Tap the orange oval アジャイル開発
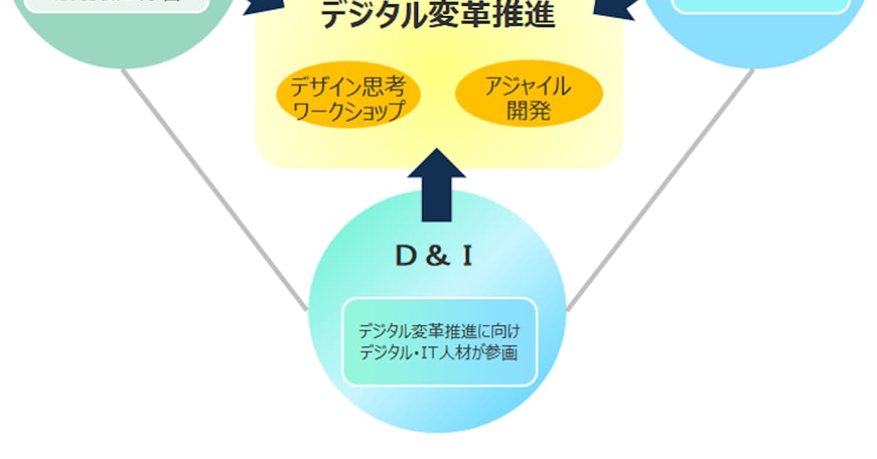tap(528, 99)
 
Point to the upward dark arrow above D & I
tap(437, 186)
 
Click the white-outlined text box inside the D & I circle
tap(439, 341)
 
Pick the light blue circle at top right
tap(760, 33)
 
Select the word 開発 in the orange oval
tap(528, 111)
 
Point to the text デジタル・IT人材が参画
tap(439, 353)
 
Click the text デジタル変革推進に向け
tap(439, 331)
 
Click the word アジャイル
tap(528, 87)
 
